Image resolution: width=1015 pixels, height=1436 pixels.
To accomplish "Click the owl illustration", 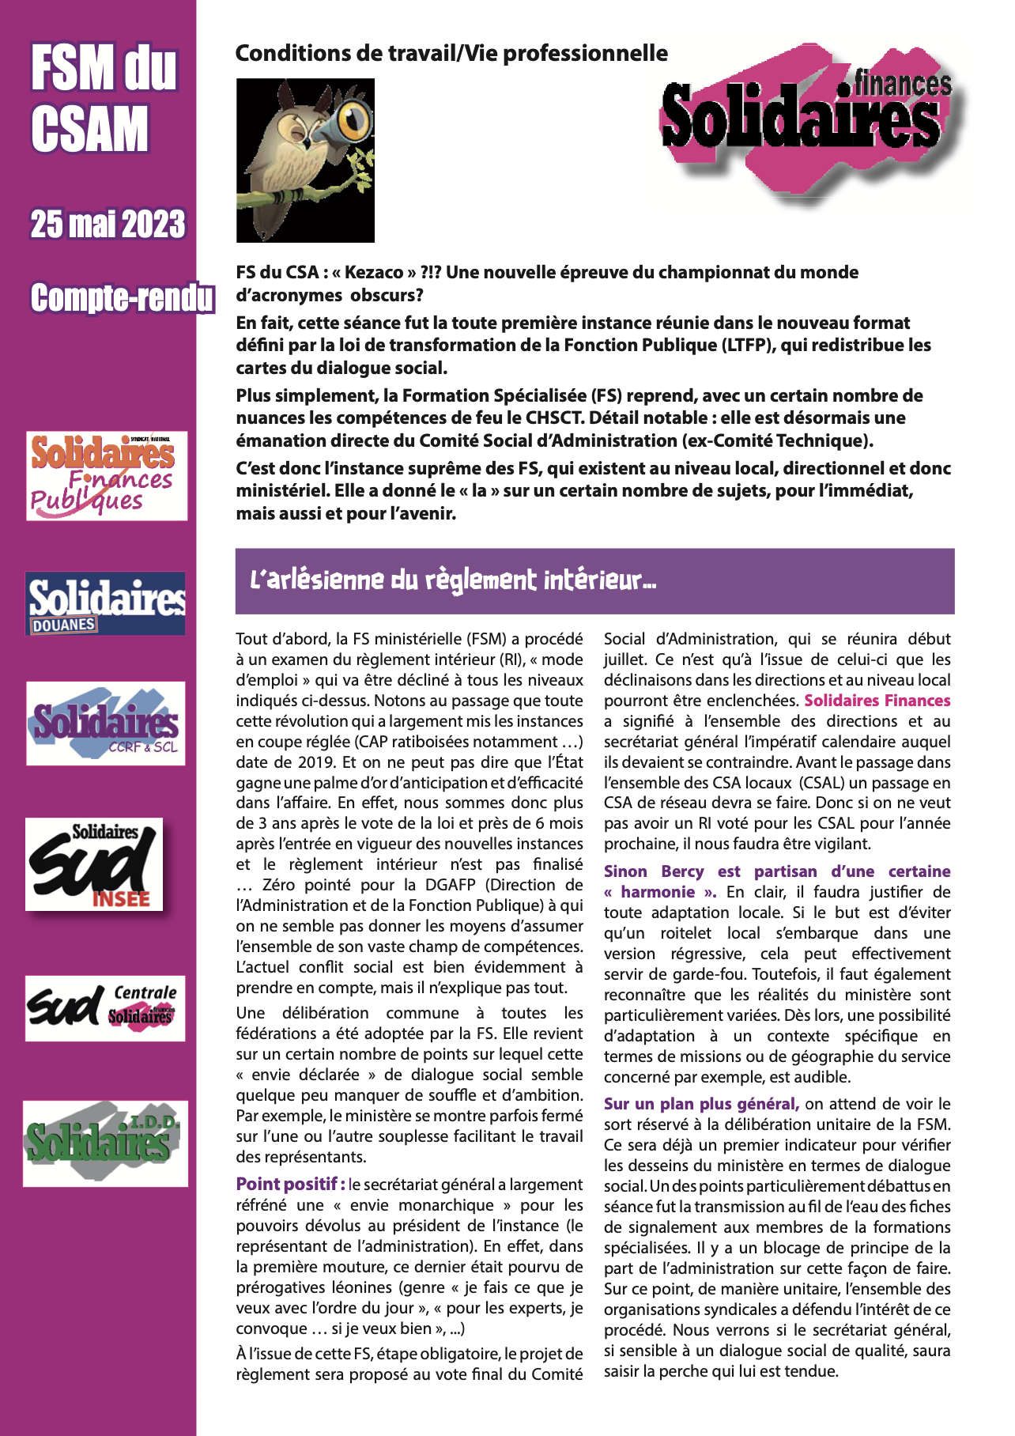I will (x=304, y=161).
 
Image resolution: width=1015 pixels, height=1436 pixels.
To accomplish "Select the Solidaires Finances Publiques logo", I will (x=107, y=475).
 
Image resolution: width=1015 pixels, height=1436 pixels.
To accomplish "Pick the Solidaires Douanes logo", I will (x=106, y=603).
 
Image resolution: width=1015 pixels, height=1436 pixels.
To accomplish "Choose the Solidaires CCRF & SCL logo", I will (x=106, y=724).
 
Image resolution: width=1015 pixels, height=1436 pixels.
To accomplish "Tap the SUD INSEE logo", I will (x=94, y=863).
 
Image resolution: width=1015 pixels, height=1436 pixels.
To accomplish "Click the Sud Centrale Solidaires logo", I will (x=105, y=1007).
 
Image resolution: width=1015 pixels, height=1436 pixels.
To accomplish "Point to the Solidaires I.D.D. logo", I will (x=105, y=1143).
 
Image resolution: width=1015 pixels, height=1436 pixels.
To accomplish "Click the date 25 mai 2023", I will (x=108, y=225).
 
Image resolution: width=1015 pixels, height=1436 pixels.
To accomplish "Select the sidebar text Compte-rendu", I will (x=122, y=298).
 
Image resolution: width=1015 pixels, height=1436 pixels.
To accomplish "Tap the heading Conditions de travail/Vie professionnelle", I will (x=451, y=54).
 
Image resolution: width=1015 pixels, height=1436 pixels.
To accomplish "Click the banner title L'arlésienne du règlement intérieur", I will (x=453, y=580).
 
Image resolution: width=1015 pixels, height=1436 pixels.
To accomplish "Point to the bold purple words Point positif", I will (x=290, y=1184).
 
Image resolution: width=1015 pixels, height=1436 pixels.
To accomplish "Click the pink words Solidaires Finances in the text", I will (x=877, y=701).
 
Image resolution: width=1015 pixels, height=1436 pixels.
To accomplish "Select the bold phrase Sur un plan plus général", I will (x=701, y=1104).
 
